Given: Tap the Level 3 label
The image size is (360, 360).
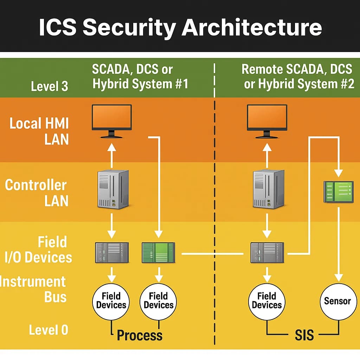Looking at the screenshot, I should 49,86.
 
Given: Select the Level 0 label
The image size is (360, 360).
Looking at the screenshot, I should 49,330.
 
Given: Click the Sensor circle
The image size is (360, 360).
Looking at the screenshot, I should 337,301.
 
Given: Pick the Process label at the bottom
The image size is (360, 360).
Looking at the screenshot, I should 140,335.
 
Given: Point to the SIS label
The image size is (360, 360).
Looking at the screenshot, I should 304,335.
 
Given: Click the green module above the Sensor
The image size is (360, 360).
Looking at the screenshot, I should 338,192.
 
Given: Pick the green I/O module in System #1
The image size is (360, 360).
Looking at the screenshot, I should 158,252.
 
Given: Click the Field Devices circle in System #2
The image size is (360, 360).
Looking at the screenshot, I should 267,301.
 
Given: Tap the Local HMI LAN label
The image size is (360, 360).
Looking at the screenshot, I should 39,131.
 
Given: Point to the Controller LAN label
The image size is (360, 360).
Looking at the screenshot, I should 36,193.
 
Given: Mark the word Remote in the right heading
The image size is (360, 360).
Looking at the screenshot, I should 263,69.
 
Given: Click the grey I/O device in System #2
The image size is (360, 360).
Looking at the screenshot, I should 267,252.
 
